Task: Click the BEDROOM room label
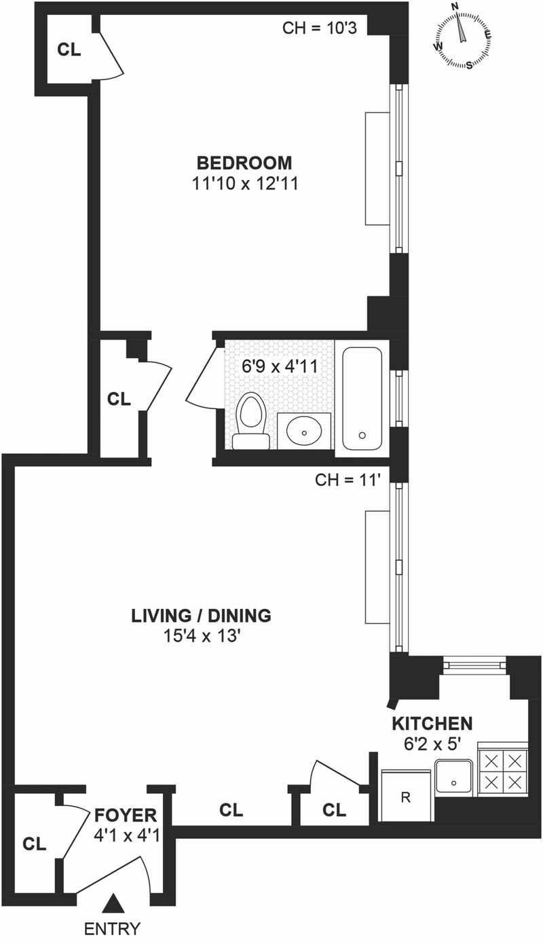pyautogui.click(x=244, y=162)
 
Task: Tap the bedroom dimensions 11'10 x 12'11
pyautogui.click(x=245, y=183)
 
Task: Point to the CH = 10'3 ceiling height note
pyautogui.click(x=320, y=29)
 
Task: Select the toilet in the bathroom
pyautogui.click(x=251, y=421)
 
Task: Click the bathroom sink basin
pyautogui.click(x=304, y=431)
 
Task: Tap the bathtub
pyautogui.click(x=362, y=399)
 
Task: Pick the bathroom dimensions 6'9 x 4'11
pyautogui.click(x=280, y=366)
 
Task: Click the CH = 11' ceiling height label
pyautogui.click(x=348, y=480)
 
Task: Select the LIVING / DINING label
pyautogui.click(x=201, y=616)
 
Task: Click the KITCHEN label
pyautogui.click(x=432, y=724)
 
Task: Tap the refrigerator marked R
pyautogui.click(x=406, y=795)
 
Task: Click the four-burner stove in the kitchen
pyautogui.click(x=502, y=771)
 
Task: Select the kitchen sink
pyautogui.click(x=454, y=777)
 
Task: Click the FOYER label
pyautogui.click(x=126, y=816)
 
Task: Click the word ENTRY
pyautogui.click(x=113, y=929)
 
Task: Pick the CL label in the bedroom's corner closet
pyautogui.click(x=69, y=50)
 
